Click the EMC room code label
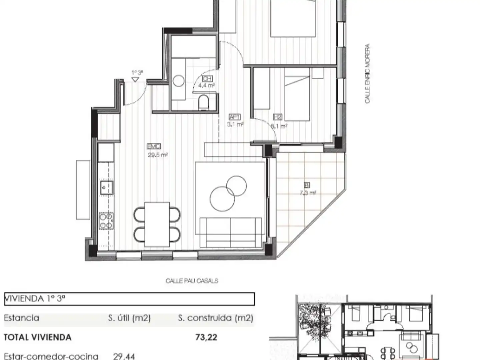(154, 146)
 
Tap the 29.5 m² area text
(157, 155)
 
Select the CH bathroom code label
(207, 79)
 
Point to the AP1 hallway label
(235, 117)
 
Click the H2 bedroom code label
(277, 117)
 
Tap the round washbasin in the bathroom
(179, 81)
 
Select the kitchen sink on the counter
(106, 188)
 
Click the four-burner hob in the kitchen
(106, 221)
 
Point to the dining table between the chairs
(157, 224)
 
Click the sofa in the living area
(230, 232)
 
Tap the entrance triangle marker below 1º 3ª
(135, 80)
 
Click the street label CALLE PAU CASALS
(192, 281)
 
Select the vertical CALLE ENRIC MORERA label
(367, 73)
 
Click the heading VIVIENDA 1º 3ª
(35, 299)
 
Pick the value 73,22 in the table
(206, 337)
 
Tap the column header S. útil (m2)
(129, 318)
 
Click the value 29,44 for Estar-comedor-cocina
(124, 356)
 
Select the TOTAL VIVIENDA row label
(37, 337)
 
